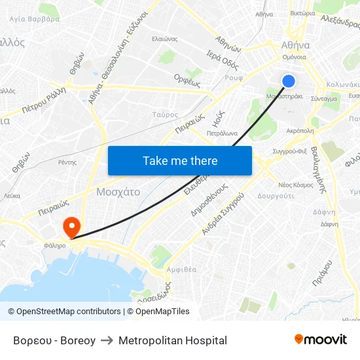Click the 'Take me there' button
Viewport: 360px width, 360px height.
pyautogui.click(x=180, y=160)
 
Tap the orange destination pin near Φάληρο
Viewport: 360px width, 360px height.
pyautogui.click(x=71, y=226)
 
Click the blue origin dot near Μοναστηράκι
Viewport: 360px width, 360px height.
pyautogui.click(x=288, y=81)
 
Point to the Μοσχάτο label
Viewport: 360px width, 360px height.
pyautogui.click(x=118, y=192)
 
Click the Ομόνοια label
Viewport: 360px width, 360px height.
pyautogui.click(x=295, y=58)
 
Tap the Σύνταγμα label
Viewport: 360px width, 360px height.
pyautogui.click(x=324, y=99)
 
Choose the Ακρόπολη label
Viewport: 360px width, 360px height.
pyautogui.click(x=300, y=130)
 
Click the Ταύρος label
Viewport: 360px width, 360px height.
pyautogui.click(x=165, y=115)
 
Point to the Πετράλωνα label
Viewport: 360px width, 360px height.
pyautogui.click(x=221, y=133)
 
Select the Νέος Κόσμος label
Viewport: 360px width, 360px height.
pyautogui.click(x=296, y=185)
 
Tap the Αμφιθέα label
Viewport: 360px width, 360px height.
pyautogui.click(x=181, y=269)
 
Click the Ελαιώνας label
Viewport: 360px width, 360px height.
pyautogui.click(x=165, y=39)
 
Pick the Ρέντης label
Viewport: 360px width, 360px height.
pyautogui.click(x=67, y=162)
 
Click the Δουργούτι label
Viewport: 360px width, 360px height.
pyautogui.click(x=275, y=196)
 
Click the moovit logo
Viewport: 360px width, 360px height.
pyautogui.click(x=320, y=340)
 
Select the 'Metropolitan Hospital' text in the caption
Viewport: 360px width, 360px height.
pyautogui.click(x=174, y=340)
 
